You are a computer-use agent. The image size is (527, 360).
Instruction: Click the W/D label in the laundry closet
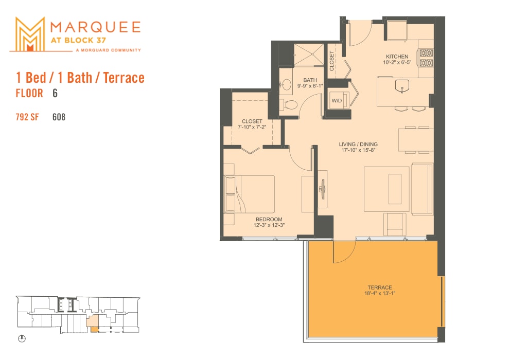click(x=337, y=100)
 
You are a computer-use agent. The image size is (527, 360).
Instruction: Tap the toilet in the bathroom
click(x=290, y=105)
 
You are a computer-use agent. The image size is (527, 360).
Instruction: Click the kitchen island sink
click(x=401, y=87)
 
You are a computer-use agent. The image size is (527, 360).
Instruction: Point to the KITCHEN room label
click(x=397, y=57)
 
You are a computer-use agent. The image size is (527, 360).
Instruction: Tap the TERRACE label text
click(x=379, y=287)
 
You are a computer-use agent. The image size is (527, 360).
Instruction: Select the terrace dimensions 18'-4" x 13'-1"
click(x=379, y=293)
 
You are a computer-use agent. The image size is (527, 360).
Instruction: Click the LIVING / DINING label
click(x=358, y=143)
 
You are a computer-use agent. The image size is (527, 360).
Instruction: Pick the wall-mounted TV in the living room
click(x=323, y=188)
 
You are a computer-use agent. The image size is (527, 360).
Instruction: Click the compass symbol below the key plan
click(x=22, y=339)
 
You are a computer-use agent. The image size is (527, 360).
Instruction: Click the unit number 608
click(x=59, y=117)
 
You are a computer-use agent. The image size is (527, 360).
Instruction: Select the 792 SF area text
click(x=27, y=117)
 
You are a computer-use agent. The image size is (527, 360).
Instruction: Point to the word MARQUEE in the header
click(x=96, y=26)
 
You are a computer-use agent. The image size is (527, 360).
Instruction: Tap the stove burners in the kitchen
click(x=426, y=58)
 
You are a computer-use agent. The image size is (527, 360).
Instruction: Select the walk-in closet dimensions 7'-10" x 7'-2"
click(x=252, y=127)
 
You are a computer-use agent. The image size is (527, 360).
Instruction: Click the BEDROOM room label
click(x=269, y=219)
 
